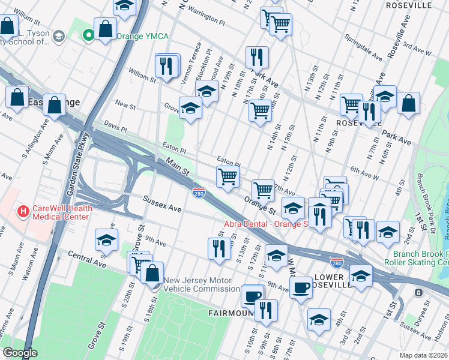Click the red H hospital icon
pyautogui.click(x=23, y=211)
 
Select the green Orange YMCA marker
pyautogui.click(x=89, y=36)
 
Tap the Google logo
pyautogui.click(x=20, y=353)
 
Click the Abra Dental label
pyautogui.click(x=265, y=224)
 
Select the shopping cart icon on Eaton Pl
pyautogui.click(x=228, y=176)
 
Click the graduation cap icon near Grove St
pyautogui.click(x=191, y=108)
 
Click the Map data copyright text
pyautogui.click(x=424, y=355)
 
